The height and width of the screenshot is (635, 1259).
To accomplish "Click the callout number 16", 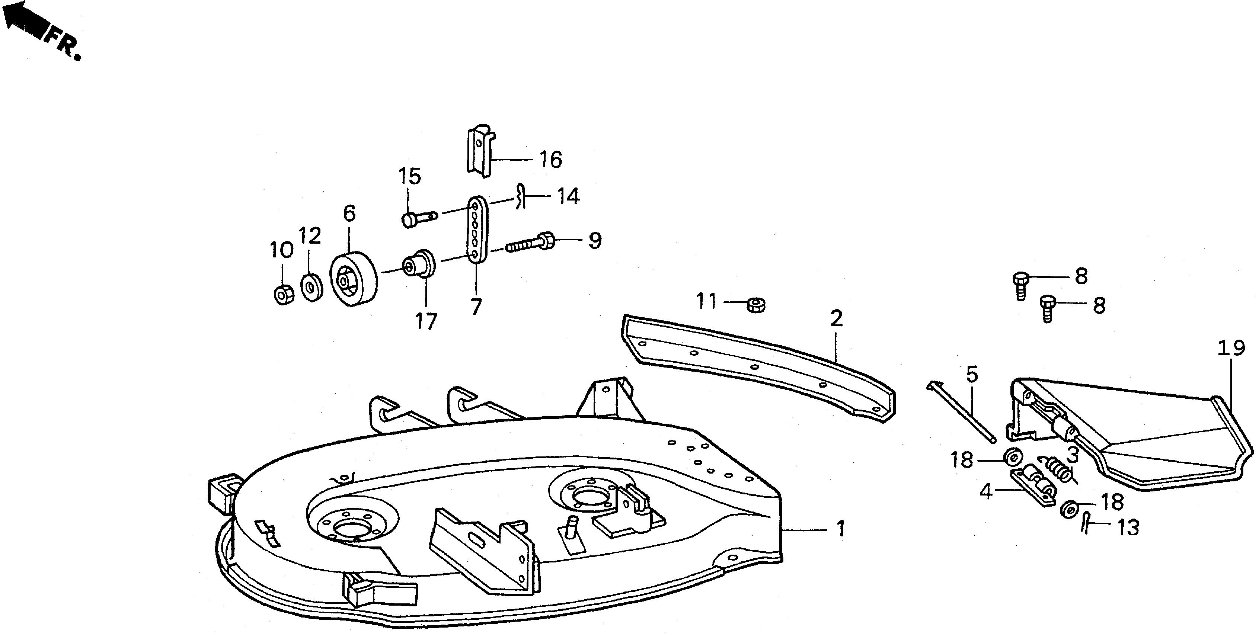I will (551, 160).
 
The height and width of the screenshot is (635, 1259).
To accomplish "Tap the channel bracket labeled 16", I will (479, 151).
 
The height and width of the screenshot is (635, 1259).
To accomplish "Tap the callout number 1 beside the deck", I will (840, 529).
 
